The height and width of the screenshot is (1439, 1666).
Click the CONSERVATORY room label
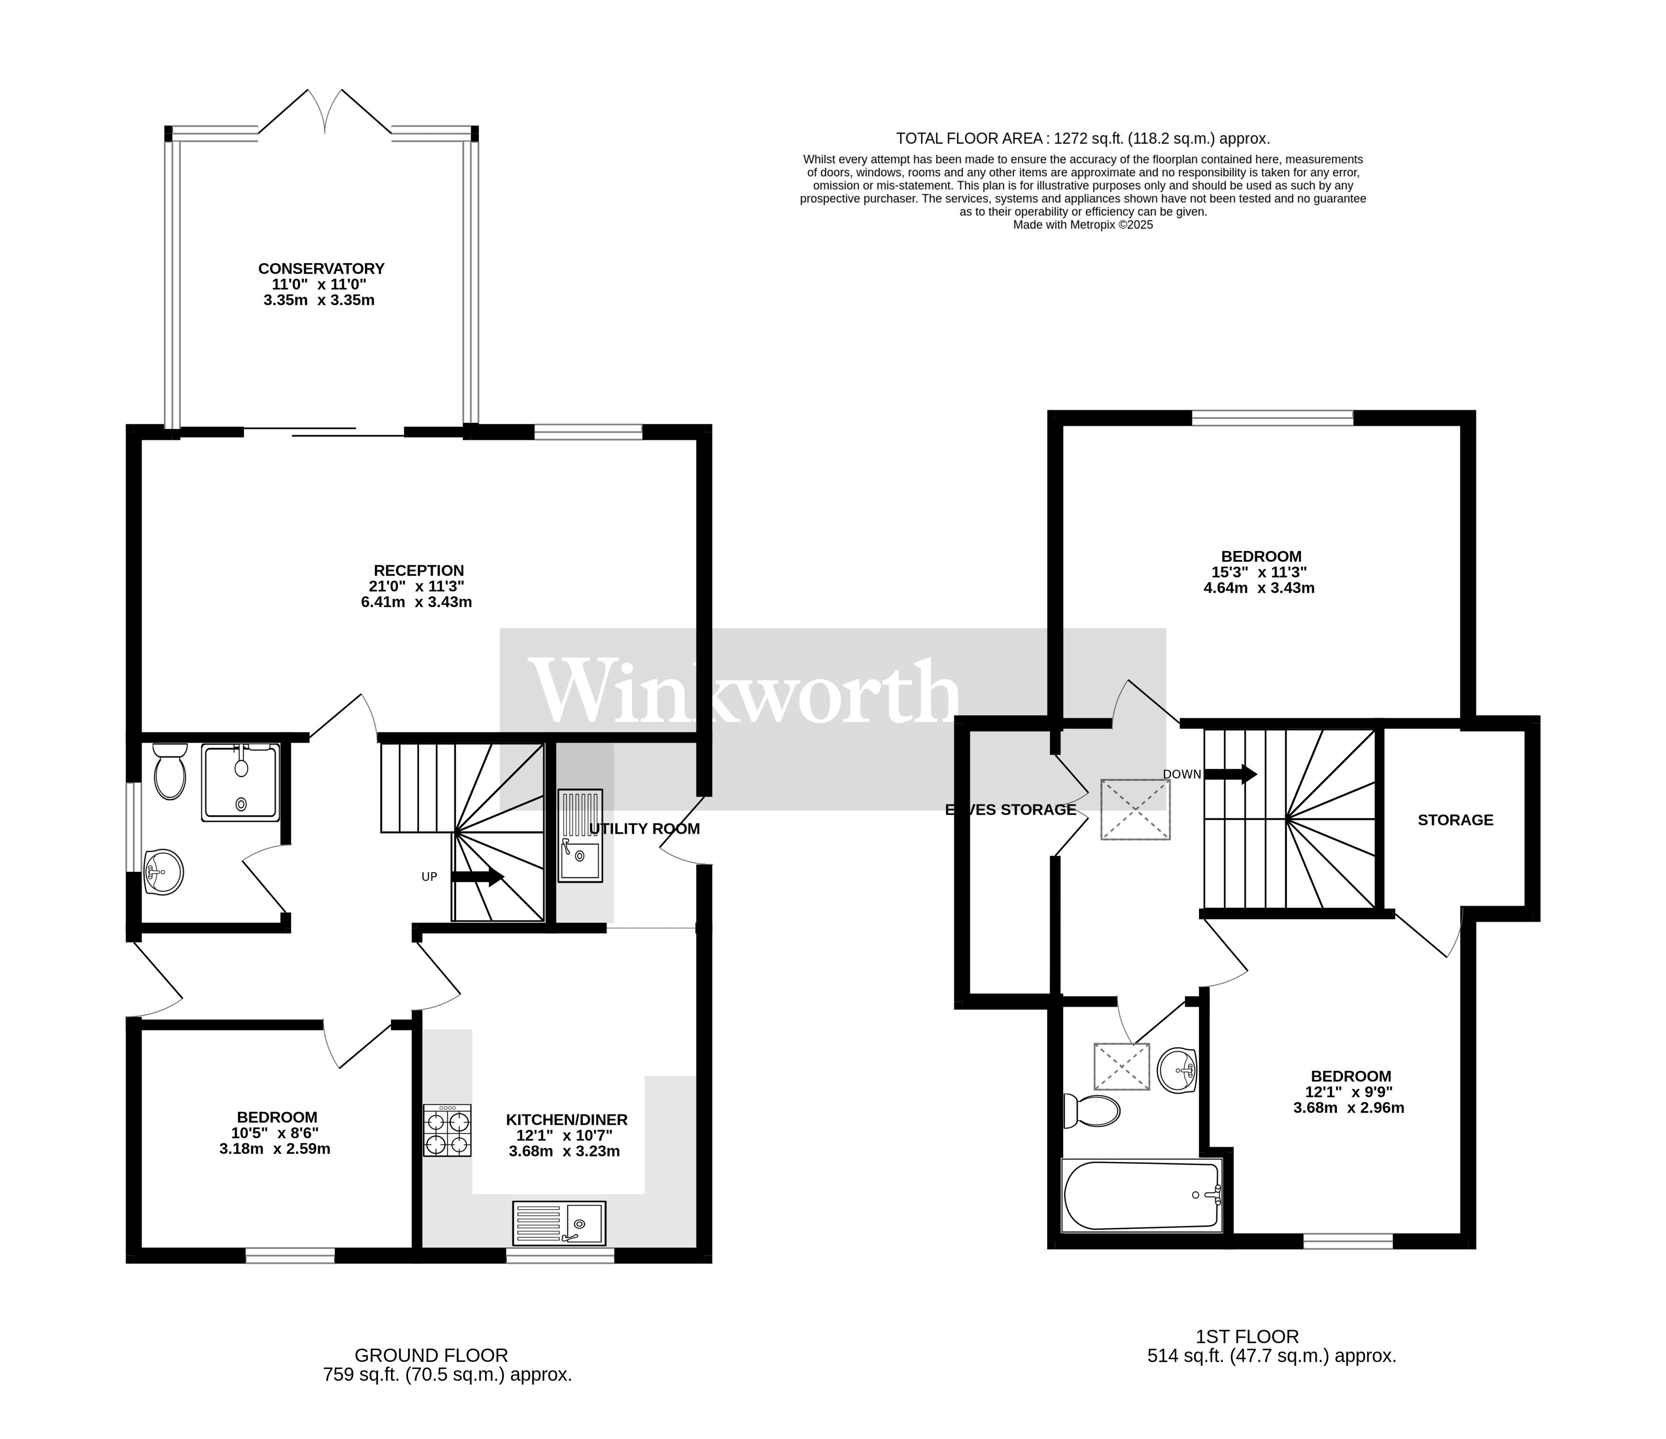pyautogui.click(x=321, y=269)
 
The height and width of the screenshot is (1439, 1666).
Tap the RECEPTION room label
pyautogui.click(x=418, y=571)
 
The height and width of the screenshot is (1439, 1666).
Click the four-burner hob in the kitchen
pyautogui.click(x=448, y=1131)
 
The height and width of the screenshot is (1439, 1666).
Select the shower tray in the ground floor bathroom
pyautogui.click(x=241, y=782)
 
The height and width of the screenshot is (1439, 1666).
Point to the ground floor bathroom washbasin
pyautogui.click(x=163, y=872)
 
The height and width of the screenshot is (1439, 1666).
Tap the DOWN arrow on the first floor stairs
pyautogui.click(x=1230, y=774)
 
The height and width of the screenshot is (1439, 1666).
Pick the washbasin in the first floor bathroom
pyautogui.click(x=1178, y=1070)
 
